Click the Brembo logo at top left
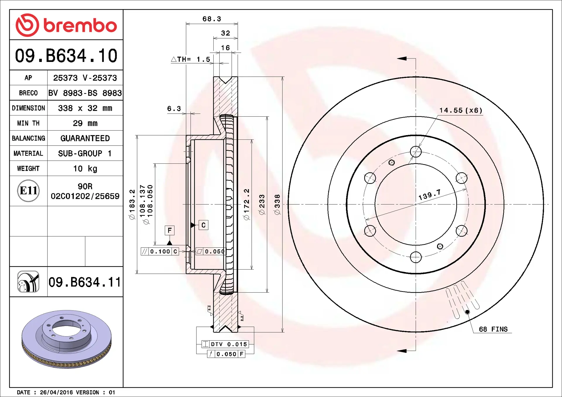66,25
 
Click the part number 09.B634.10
66,56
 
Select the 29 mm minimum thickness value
85,123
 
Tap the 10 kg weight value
85,169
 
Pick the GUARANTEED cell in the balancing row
85,138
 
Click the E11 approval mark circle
28,191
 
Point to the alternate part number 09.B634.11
85,282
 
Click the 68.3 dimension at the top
212,19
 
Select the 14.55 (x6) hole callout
461,110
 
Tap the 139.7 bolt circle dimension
429,195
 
